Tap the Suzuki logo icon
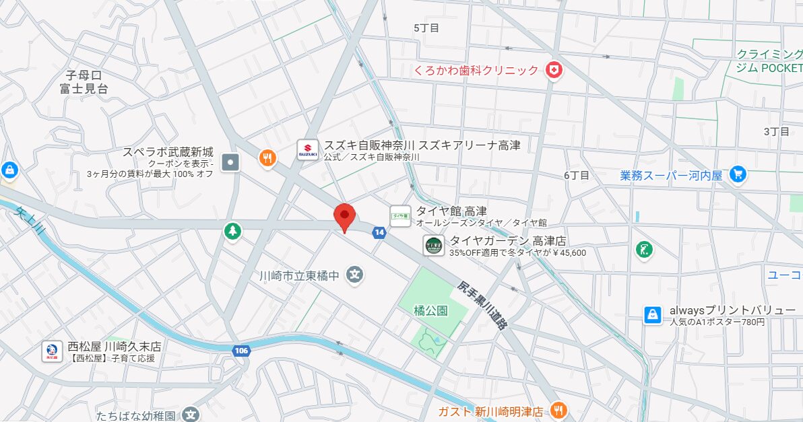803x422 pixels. click(307, 150)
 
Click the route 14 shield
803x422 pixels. click(379, 232)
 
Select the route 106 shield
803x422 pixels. click(242, 351)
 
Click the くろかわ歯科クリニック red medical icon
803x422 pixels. click(554, 70)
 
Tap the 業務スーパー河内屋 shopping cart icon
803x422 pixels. click(738, 174)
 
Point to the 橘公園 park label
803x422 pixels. click(431, 311)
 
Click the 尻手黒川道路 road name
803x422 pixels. click(482, 305)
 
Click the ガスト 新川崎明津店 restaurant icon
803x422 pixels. click(558, 410)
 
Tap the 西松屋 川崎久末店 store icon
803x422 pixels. click(51, 351)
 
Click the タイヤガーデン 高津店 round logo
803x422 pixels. click(433, 246)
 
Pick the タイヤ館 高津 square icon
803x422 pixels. click(400, 215)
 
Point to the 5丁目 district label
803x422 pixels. click(426, 28)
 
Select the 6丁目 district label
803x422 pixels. click(577, 175)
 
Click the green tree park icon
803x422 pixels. click(233, 232)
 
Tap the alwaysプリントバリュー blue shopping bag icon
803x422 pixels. click(652, 315)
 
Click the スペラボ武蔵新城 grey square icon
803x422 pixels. click(231, 162)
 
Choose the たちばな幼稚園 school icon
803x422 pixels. click(191, 415)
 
